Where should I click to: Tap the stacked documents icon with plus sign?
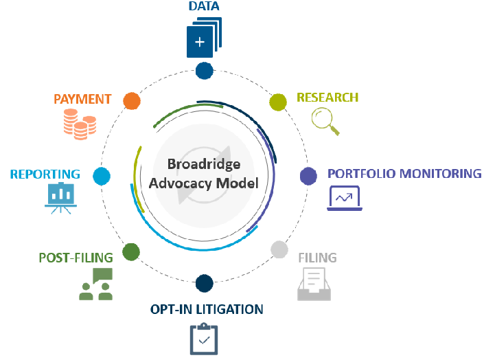click(x=203, y=38)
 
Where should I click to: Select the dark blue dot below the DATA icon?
click(x=205, y=69)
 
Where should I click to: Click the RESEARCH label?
click(x=327, y=98)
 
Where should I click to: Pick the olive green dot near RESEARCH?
click(x=277, y=102)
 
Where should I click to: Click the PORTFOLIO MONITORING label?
click(x=404, y=173)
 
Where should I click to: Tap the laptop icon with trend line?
click(x=344, y=198)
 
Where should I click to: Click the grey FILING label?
click(x=317, y=258)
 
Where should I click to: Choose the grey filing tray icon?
click(x=314, y=284)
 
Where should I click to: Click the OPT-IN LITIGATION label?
click(x=207, y=310)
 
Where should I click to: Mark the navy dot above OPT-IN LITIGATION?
click(x=205, y=282)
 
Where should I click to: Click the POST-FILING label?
click(x=76, y=258)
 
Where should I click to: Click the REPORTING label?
click(x=45, y=175)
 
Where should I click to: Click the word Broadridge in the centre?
click(x=205, y=165)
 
